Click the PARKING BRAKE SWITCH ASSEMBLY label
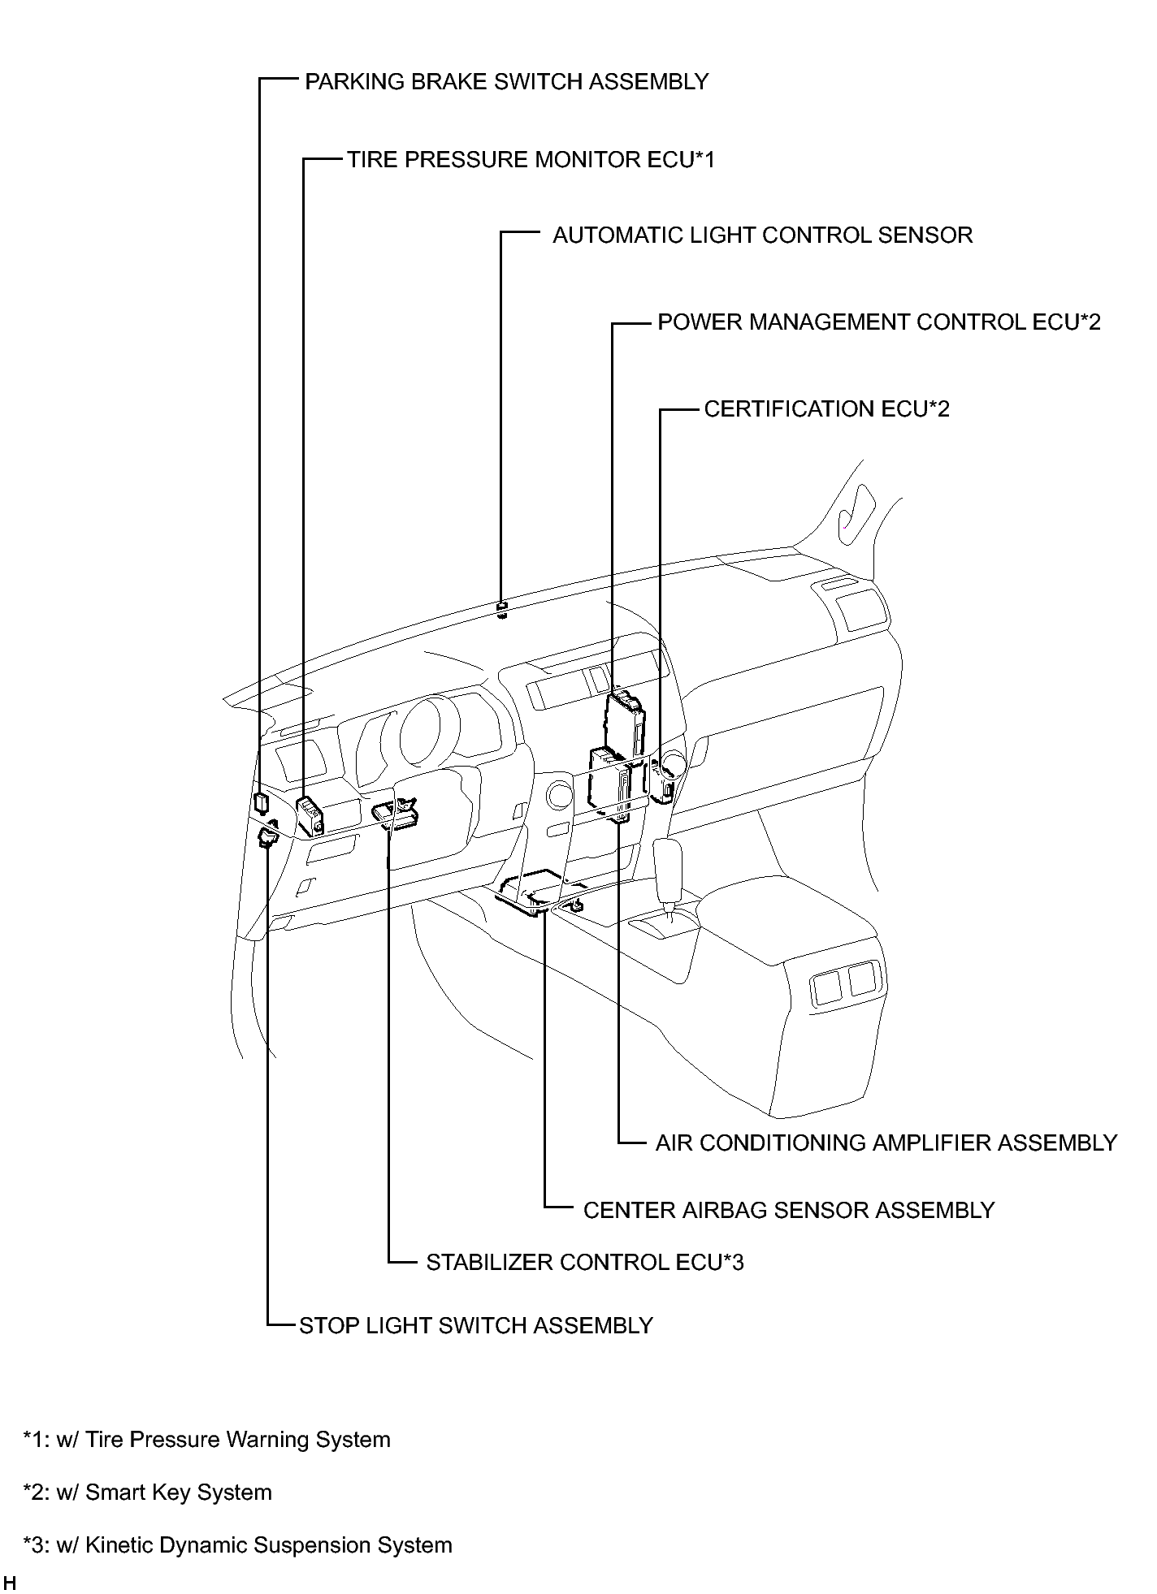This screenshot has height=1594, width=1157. coord(506,82)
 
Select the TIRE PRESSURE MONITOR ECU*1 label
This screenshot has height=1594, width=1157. coord(531,160)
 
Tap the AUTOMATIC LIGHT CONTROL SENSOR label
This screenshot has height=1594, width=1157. coord(762,235)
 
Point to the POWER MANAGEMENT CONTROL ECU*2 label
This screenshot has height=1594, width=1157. coord(879,322)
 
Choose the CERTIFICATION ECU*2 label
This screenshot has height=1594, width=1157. coord(826,409)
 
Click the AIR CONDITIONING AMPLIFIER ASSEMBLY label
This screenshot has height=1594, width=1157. coord(886,1143)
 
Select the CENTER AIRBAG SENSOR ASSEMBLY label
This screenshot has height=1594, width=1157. coord(789,1211)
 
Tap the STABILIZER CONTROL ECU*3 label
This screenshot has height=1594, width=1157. coord(585,1263)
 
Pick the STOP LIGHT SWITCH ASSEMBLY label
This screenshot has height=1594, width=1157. coord(476,1326)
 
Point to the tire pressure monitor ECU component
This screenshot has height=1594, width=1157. coord(310,816)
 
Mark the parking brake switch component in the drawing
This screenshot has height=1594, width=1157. coord(260,802)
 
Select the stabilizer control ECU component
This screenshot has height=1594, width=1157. coord(396,815)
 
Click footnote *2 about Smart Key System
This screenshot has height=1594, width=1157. coord(148,1492)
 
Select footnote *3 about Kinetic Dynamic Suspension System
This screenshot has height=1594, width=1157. coord(238,1545)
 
